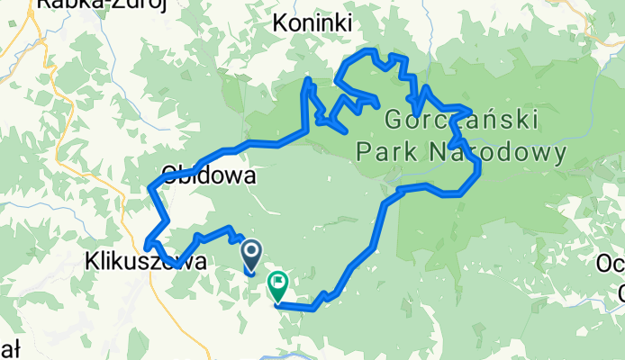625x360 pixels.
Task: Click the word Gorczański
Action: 461,121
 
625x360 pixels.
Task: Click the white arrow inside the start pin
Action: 251,253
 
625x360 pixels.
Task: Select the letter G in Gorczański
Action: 394,121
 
